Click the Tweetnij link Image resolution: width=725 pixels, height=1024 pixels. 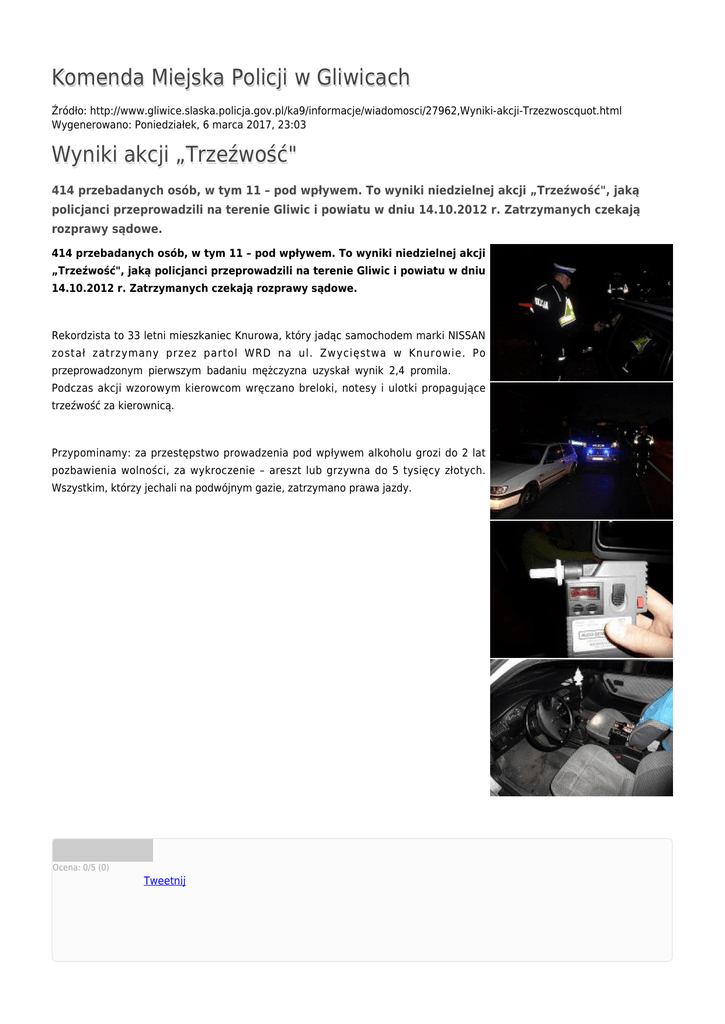pos(164,881)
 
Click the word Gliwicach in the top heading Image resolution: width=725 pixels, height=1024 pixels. pos(363,78)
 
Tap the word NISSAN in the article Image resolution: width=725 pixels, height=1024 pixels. pos(466,335)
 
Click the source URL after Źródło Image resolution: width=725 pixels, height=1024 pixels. pos(355,110)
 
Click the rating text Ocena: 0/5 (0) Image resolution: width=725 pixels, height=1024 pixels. pos(81,867)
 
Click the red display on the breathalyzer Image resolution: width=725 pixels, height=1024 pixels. pos(585,595)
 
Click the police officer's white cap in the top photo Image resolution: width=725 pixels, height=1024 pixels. pos(562,269)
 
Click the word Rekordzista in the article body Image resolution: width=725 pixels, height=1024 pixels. pos(83,335)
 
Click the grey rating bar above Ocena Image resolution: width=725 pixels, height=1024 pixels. pos(102,850)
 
